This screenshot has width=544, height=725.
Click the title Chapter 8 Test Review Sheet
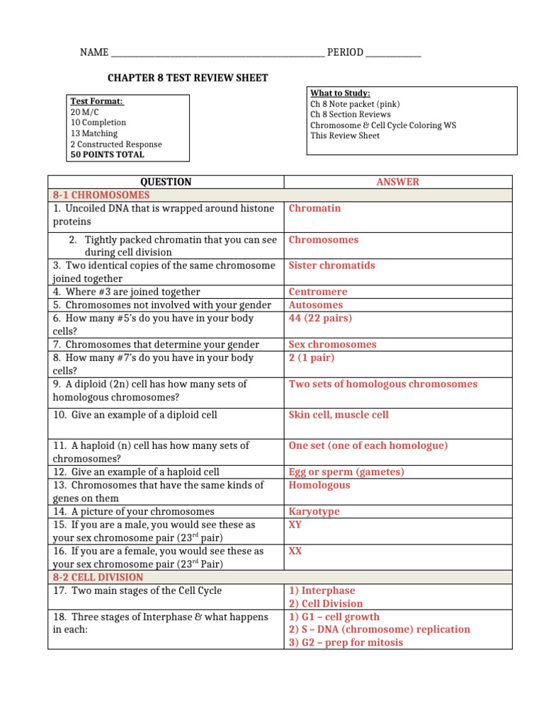187,78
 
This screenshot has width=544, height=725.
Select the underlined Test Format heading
97,101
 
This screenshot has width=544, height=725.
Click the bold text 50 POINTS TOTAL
107,154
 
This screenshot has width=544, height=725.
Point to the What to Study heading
340,93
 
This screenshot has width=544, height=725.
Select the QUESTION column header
166,182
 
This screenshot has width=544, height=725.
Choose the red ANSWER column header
397,182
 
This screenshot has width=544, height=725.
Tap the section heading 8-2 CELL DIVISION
98,577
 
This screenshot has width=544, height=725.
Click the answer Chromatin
314,208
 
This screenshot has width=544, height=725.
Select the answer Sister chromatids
331,266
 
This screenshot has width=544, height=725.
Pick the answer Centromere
318,292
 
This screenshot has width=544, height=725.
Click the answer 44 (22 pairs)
320,318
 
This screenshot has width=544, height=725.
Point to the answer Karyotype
314,511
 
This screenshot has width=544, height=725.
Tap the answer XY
295,525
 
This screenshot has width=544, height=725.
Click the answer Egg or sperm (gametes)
346,472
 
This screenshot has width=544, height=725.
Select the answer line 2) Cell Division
325,603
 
